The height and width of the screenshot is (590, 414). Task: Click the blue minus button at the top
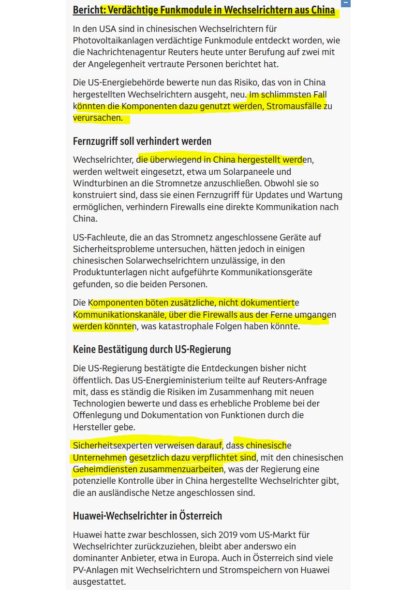pyautogui.click(x=345, y=3)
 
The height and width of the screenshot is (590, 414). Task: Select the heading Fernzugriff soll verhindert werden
pyautogui.click(x=142, y=141)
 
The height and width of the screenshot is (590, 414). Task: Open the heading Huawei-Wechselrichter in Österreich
pyautogui.click(x=148, y=516)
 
